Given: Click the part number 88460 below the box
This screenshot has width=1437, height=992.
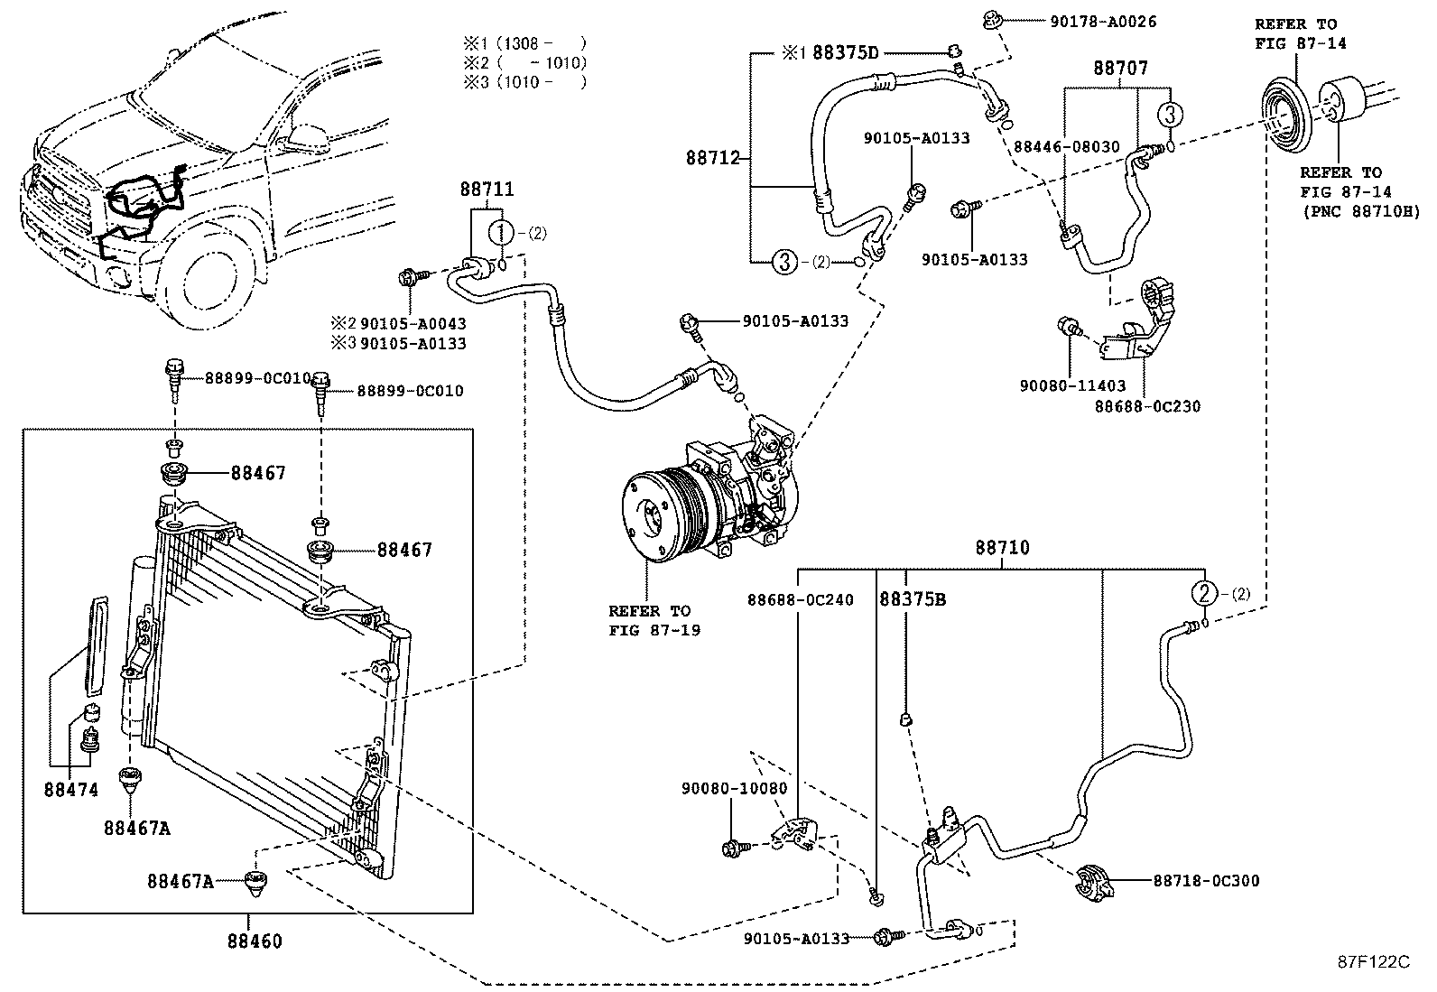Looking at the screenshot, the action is click(255, 941).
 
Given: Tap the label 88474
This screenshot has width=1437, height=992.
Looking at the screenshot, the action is click(71, 790).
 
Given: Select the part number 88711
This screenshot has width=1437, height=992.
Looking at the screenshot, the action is click(487, 190).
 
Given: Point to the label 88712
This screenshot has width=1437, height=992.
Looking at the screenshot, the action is click(713, 158).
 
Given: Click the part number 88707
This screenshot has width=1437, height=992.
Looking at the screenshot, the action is click(1121, 68).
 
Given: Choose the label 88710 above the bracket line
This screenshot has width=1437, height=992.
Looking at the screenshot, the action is click(1003, 547).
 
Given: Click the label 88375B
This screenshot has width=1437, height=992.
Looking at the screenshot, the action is click(913, 599).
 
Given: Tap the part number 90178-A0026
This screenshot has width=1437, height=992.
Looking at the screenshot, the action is click(1103, 22).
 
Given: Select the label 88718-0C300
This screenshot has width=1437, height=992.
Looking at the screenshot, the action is click(1207, 881).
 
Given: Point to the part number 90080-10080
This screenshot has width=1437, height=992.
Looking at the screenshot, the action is click(735, 789).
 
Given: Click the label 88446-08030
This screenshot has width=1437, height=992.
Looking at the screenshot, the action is click(1067, 147).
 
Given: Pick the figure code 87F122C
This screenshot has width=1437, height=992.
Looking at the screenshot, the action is click(1374, 962).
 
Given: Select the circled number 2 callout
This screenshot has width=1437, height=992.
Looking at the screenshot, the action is click(1204, 594).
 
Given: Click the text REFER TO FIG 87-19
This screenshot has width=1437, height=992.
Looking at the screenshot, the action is click(654, 620).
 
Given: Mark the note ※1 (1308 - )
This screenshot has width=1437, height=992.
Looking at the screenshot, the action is click(524, 43).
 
